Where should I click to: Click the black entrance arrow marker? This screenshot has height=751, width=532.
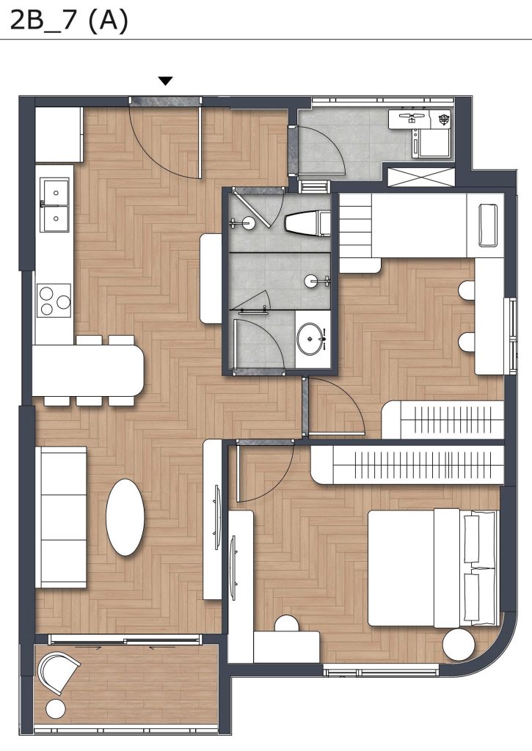click(165, 81)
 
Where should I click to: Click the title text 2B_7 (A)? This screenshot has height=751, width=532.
click(69, 21)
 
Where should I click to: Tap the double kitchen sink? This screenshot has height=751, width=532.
click(54, 205)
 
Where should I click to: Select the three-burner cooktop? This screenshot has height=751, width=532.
click(54, 299)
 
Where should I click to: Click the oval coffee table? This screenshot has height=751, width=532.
click(125, 517)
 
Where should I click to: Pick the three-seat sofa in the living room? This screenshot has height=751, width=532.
click(62, 517)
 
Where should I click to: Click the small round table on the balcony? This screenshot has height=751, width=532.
click(56, 709)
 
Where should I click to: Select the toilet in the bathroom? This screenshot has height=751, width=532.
click(307, 223)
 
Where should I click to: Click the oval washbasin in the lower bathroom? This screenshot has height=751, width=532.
click(310, 339)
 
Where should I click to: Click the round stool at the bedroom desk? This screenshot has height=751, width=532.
click(287, 623)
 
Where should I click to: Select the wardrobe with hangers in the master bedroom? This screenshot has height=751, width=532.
click(407, 466)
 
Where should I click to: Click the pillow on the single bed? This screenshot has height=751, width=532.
click(489, 224)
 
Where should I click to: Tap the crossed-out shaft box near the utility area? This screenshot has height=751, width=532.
click(420, 177)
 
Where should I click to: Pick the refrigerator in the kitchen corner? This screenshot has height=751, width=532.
click(59, 135)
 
